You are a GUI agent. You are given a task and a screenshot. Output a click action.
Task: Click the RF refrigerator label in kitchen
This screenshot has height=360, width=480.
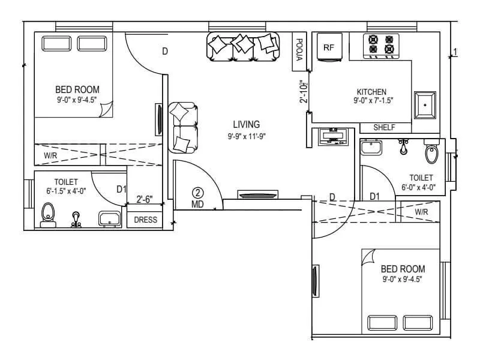(x=328, y=47)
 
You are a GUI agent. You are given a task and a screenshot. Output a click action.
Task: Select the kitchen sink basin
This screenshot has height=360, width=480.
(x=425, y=105)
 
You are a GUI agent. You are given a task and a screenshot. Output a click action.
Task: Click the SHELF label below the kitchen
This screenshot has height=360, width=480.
(x=384, y=128)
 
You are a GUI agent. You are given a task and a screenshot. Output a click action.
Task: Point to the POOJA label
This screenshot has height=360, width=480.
(x=299, y=49)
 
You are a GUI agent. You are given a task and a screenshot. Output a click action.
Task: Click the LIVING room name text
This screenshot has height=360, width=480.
(x=247, y=125)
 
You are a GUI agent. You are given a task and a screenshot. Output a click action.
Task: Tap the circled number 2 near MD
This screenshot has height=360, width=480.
(x=198, y=193)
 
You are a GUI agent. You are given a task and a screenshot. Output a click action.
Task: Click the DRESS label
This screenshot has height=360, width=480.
(x=145, y=220)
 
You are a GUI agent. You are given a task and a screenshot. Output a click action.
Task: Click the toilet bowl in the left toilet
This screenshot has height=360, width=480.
(x=48, y=214)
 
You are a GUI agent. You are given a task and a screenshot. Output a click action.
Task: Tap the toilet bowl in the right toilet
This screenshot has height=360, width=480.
(x=431, y=154)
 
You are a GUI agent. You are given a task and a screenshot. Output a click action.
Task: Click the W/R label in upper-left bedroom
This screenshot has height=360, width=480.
(x=50, y=155)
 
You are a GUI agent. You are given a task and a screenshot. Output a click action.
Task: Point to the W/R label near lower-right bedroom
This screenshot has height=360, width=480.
(x=421, y=212)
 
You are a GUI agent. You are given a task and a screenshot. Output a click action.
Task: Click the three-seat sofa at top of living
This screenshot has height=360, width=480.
(x=243, y=46)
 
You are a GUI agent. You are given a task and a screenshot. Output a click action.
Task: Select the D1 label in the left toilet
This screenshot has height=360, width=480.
(x=122, y=190)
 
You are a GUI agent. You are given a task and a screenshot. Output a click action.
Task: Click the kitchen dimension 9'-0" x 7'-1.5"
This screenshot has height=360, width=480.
(x=373, y=101)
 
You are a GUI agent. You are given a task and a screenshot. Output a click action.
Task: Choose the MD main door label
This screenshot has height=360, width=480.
(x=197, y=204)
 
